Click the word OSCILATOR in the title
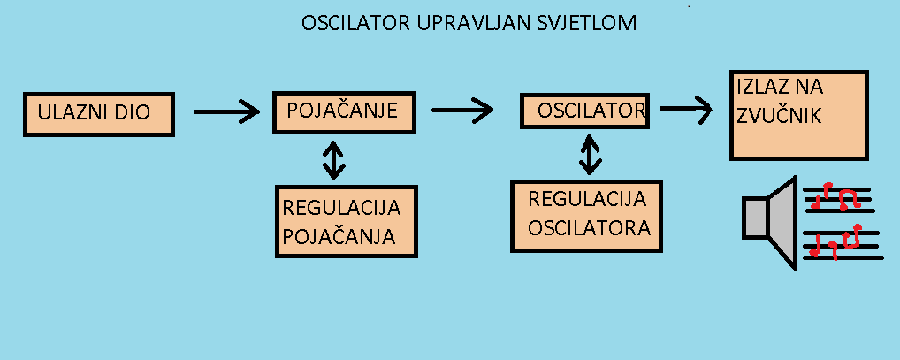click(x=355, y=24)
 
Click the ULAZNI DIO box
click(x=99, y=114)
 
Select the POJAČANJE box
click(x=344, y=112)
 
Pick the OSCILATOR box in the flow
click(x=585, y=111)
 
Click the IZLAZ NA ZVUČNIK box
click(x=798, y=115)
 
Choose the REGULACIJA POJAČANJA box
click(x=346, y=221)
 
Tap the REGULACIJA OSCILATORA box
click(x=587, y=216)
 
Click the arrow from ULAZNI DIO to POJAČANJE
click(x=226, y=111)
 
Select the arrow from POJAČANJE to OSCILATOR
click(x=462, y=111)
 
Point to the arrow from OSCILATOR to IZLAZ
click(x=686, y=108)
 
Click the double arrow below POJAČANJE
click(x=333, y=159)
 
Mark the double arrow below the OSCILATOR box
click(x=589, y=155)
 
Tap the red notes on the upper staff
click(x=835, y=196)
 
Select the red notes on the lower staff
click(x=835, y=241)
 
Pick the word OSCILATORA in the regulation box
click(x=590, y=228)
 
